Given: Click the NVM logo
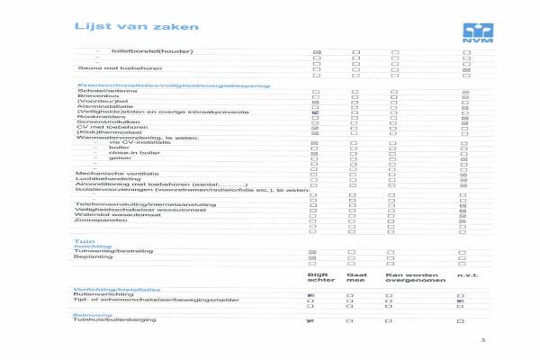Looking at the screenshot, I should tap(472, 33).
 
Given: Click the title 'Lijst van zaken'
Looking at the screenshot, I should tap(122, 28).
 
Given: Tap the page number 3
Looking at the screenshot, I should tap(482, 339).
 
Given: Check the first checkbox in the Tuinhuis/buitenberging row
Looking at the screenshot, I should tap(310, 320).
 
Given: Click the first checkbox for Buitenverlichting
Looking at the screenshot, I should tap(310, 295).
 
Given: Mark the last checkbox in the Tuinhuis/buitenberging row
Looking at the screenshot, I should tap(461, 320).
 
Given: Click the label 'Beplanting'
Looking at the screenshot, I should tap(94, 256).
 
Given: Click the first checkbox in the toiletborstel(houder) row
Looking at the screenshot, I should tap(316, 53).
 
